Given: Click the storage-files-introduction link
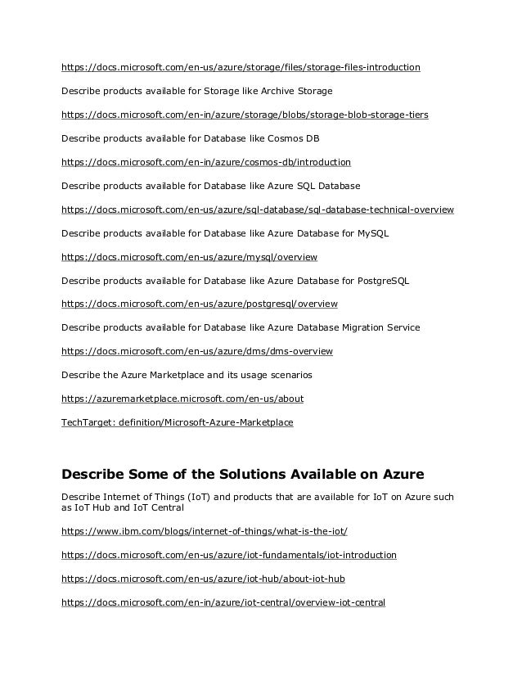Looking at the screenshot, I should [241, 67].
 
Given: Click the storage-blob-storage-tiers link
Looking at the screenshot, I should [244, 115].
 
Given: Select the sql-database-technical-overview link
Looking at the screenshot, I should [257, 210].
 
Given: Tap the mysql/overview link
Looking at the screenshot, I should [189, 257].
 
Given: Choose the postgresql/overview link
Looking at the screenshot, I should [199, 304].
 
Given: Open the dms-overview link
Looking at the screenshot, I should [196, 351].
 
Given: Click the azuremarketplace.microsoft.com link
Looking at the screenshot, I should [182, 399].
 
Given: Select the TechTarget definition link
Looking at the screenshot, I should [177, 422].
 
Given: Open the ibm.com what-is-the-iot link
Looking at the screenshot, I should [204, 531].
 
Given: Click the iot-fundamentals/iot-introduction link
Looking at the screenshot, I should [228, 555].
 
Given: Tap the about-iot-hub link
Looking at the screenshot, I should [203, 579].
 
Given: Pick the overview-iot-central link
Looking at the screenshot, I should [223, 602].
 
